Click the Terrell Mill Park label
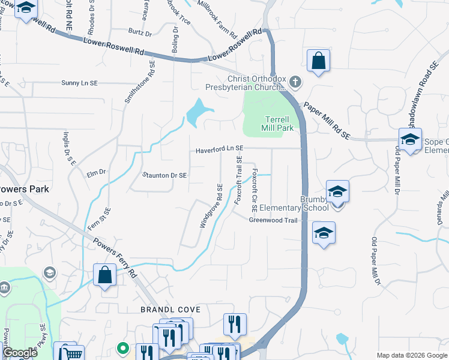tap(277, 124)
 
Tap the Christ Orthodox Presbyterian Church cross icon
tap(295, 81)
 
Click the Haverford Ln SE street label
tap(219, 148)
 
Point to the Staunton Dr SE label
tap(165, 175)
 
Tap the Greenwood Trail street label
tap(274, 220)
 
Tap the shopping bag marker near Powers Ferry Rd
tap(104, 275)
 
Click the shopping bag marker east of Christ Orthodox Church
tap(318, 61)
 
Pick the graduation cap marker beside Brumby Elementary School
tap(337, 191)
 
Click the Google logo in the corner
tap(20, 353)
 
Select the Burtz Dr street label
tap(139, 31)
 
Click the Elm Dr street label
tap(96, 172)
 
